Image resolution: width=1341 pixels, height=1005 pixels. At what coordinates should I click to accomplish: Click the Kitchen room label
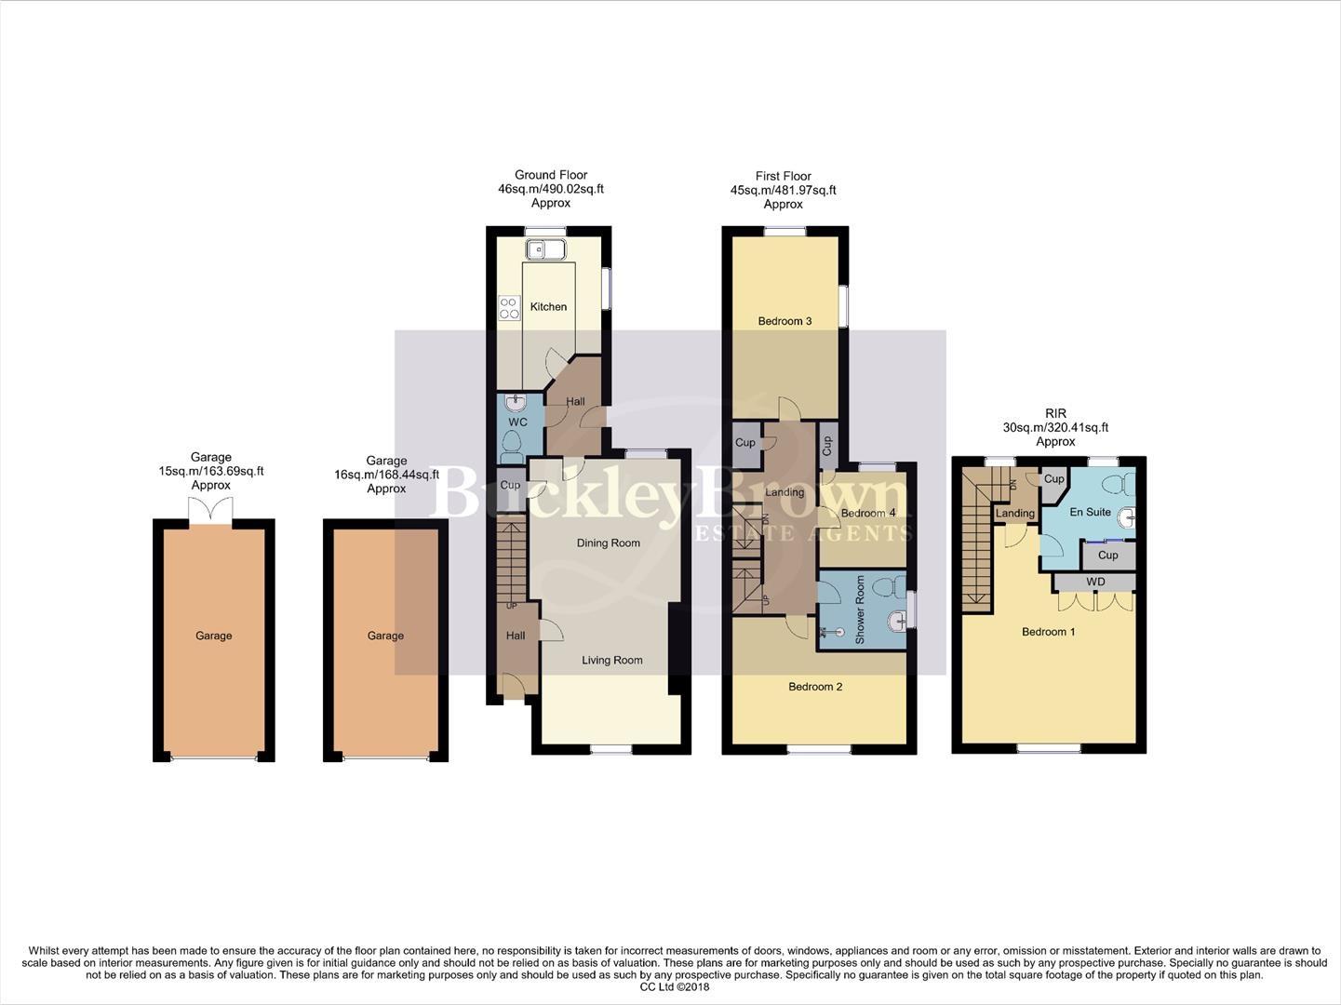[x=548, y=306]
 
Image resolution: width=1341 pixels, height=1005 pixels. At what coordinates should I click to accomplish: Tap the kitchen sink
[x=545, y=249]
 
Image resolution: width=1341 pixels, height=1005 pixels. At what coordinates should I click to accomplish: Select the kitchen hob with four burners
[x=509, y=307]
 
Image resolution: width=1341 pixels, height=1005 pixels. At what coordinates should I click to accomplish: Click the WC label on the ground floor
[x=517, y=422]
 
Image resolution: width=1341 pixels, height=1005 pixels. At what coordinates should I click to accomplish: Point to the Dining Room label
[x=608, y=543]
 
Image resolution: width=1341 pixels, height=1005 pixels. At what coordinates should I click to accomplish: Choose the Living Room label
[x=611, y=661]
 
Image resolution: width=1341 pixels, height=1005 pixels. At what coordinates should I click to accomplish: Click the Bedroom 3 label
[x=784, y=321]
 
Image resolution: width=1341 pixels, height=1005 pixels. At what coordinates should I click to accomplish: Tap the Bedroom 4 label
[x=867, y=514]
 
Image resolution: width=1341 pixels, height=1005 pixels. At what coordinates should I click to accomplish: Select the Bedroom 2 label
[x=815, y=687]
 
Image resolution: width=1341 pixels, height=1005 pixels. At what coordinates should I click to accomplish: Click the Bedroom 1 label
[x=1048, y=632]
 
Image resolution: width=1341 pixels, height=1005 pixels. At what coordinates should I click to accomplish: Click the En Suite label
[x=1090, y=513]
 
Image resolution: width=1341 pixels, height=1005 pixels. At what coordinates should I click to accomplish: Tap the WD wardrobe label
[x=1095, y=583]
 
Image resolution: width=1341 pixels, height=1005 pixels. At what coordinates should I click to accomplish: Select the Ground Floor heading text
[x=551, y=175]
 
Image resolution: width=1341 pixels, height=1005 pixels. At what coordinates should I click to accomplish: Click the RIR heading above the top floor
[x=1055, y=413]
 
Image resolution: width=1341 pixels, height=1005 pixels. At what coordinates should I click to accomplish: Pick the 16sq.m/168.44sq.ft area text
[x=386, y=475]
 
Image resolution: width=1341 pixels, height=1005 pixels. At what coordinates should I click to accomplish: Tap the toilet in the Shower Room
[x=894, y=586]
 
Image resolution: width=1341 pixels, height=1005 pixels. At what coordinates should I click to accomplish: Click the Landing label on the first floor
[x=784, y=492]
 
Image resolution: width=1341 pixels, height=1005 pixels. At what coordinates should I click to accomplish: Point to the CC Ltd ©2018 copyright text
[x=674, y=987]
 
